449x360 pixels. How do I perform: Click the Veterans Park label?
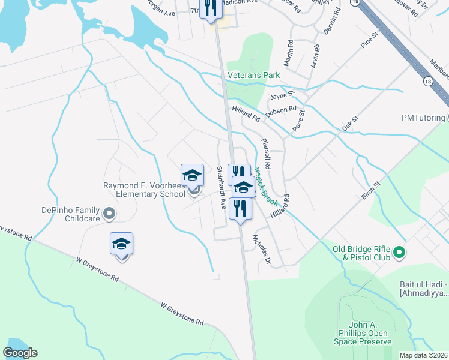point(254,76)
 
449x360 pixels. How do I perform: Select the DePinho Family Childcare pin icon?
point(109,213)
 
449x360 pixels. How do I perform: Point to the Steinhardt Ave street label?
point(221,187)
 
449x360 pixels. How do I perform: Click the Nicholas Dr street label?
point(262,248)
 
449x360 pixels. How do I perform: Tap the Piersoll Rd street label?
point(267,153)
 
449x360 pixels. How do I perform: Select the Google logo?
point(20,353)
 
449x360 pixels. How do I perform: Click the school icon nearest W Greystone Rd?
point(121,245)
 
